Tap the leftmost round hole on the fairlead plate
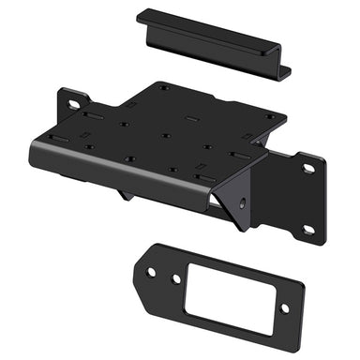pos(151,272)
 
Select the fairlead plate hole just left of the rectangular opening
pos(175,278)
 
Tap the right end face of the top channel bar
pos(284,71)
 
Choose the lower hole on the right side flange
pos(307,227)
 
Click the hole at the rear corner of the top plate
pos(164,88)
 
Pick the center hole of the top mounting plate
pos(166,135)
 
